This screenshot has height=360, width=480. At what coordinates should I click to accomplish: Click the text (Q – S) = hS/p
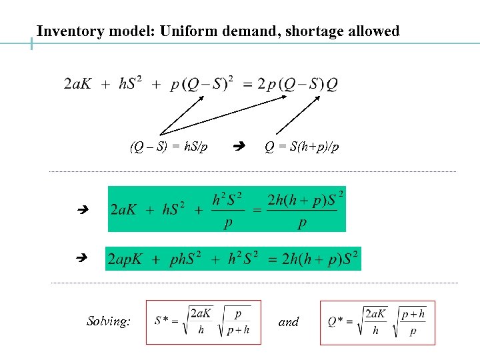[169, 147]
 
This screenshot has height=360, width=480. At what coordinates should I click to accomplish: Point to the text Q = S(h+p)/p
[301, 147]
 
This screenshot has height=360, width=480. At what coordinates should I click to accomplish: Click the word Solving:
[109, 321]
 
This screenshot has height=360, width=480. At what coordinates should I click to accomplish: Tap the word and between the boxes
[289, 322]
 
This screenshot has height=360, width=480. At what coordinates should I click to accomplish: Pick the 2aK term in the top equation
[79, 84]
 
